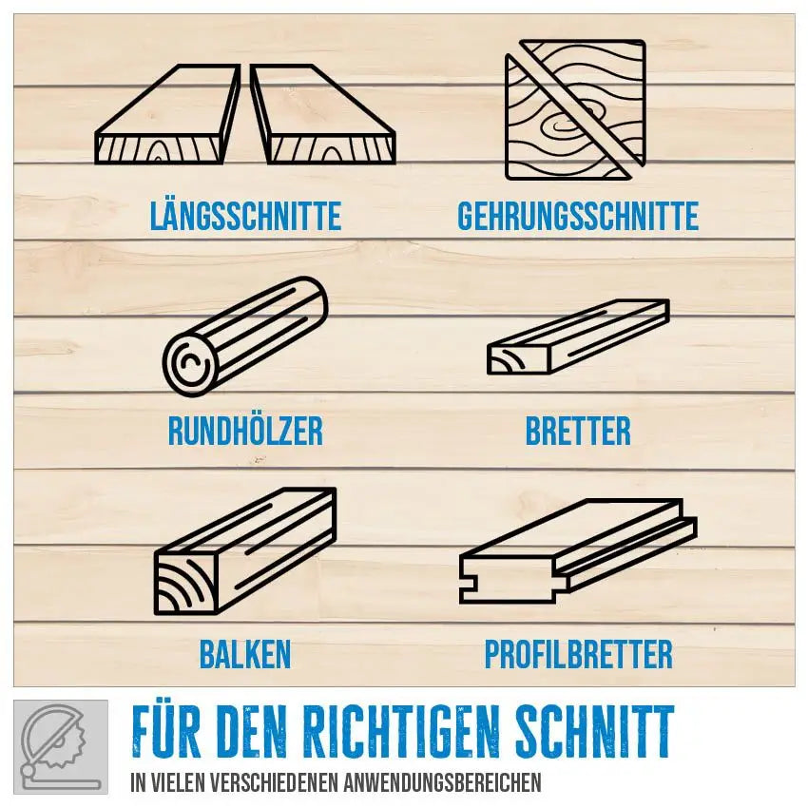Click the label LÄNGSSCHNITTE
pyautogui.click(x=245, y=217)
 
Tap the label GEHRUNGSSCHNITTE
pyautogui.click(x=578, y=217)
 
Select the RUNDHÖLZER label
pyautogui.click(x=245, y=431)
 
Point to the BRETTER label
pyautogui.click(x=578, y=431)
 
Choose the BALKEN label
pyautogui.click(x=245, y=654)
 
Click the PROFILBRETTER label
pyautogui.click(x=578, y=654)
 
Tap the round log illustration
pyautogui.click(x=245, y=337)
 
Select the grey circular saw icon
pyautogui.click(x=61, y=746)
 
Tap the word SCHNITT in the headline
pyautogui.click(x=595, y=731)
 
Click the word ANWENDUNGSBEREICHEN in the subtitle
pyautogui.click(x=442, y=782)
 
